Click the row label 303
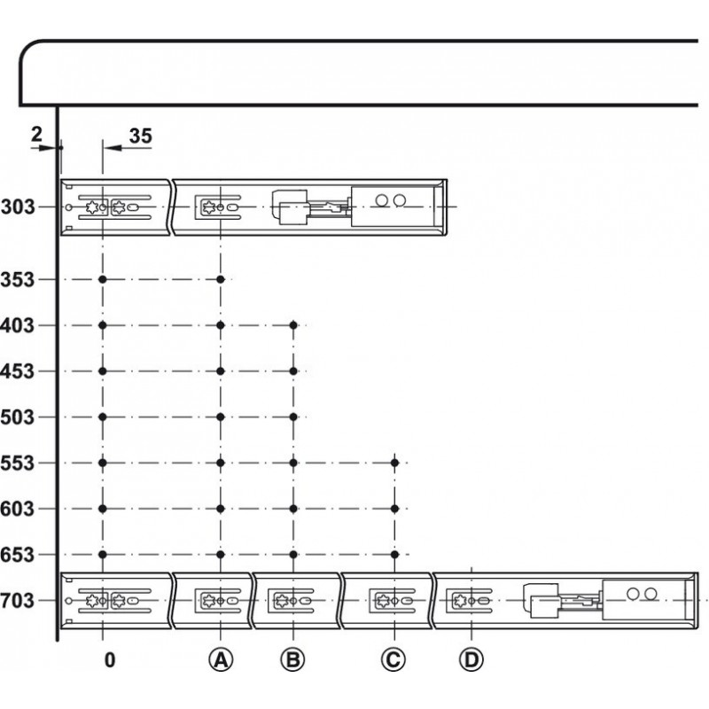18,207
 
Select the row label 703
17,601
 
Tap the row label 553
17,463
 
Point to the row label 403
17,325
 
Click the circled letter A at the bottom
221,659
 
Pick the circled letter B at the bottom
292,659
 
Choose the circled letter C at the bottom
393,659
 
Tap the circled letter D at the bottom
471,659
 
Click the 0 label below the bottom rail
110,660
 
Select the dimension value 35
141,136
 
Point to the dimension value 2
36,134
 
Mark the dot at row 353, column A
221,279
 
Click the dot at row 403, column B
293,325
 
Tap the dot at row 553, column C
394,463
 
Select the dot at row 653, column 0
103,555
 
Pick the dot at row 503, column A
221,417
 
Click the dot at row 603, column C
394,509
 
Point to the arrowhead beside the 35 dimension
113,147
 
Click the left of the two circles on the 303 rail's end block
382,200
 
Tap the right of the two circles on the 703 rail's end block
651,594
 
